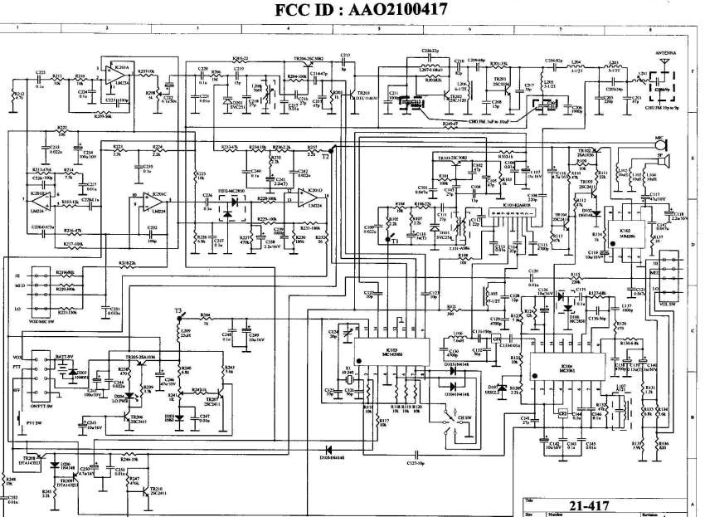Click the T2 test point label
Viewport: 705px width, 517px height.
tap(326, 155)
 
